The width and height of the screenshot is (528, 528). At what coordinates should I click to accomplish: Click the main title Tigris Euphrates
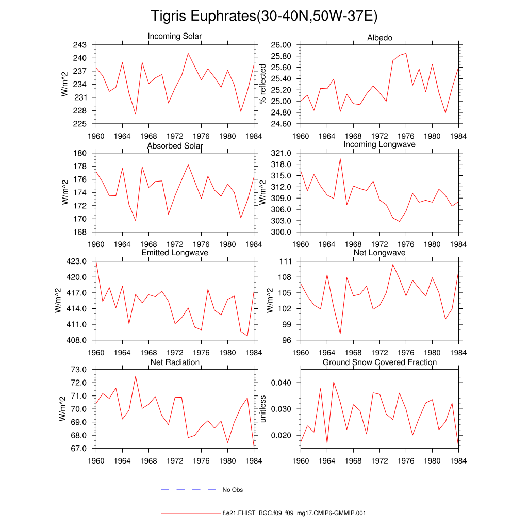[264, 16]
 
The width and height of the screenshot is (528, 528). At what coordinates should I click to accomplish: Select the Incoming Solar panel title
[175, 36]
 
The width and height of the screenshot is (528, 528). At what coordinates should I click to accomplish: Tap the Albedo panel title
[379, 38]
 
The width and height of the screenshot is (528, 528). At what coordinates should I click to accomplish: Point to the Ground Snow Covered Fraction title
[379, 362]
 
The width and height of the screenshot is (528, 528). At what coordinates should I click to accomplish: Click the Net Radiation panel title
[175, 362]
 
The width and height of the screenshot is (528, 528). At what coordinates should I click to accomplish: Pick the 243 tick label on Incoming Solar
[80, 45]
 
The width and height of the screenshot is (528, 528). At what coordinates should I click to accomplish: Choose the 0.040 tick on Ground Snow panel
[282, 383]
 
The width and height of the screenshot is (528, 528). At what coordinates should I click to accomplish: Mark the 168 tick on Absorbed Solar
[80, 232]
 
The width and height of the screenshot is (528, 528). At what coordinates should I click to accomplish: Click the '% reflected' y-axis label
[263, 84]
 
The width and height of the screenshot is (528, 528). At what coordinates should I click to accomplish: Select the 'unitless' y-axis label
[263, 409]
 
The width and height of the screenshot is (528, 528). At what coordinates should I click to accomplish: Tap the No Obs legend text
[233, 490]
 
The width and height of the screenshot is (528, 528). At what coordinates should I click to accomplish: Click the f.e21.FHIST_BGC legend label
[294, 514]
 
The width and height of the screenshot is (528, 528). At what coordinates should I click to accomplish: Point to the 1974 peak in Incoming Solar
[188, 53]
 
